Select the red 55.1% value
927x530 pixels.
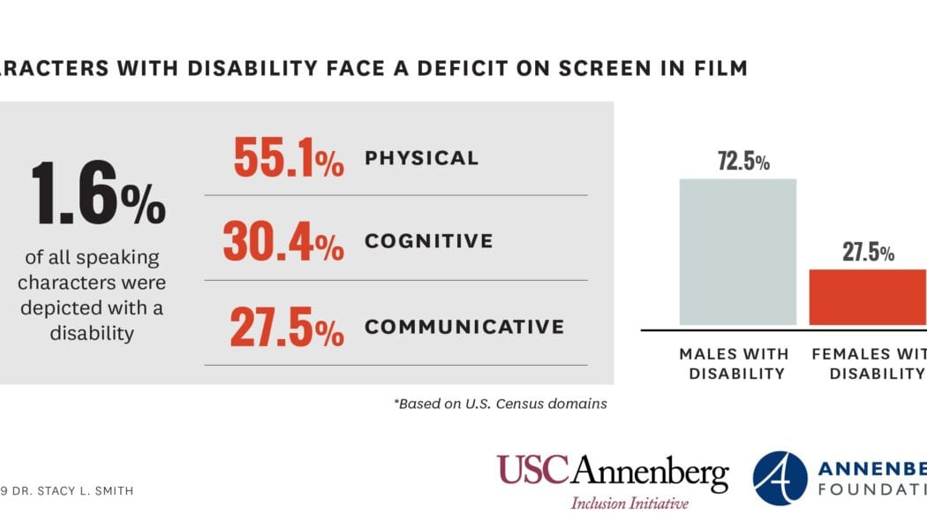tap(288, 158)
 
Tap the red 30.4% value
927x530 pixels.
tap(283, 242)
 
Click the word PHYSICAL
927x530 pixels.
tap(421, 158)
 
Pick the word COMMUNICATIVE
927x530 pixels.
tap(463, 326)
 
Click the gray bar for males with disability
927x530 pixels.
tap(737, 252)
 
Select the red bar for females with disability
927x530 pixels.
tap(868, 297)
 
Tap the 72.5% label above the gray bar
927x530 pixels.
tap(743, 162)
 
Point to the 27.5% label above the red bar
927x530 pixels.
tap(868, 253)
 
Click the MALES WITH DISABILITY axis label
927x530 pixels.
tap(734, 363)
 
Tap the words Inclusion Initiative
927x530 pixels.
tap(629, 503)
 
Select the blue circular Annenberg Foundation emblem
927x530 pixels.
tap(780, 478)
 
